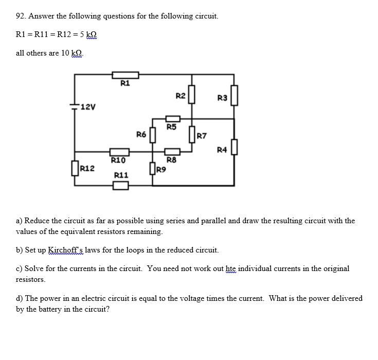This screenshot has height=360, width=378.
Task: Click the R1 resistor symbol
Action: (125, 75)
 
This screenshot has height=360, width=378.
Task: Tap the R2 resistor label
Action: (180, 96)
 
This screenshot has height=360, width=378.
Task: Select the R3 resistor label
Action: (222, 98)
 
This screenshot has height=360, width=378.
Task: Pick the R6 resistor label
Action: (141, 135)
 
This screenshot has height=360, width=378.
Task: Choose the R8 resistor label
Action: (171, 160)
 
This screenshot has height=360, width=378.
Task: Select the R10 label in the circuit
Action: (119, 160)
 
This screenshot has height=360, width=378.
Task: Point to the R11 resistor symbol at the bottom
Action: (120, 185)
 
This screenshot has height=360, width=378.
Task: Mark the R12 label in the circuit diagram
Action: (87, 168)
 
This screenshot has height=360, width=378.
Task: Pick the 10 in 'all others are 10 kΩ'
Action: (65, 53)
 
